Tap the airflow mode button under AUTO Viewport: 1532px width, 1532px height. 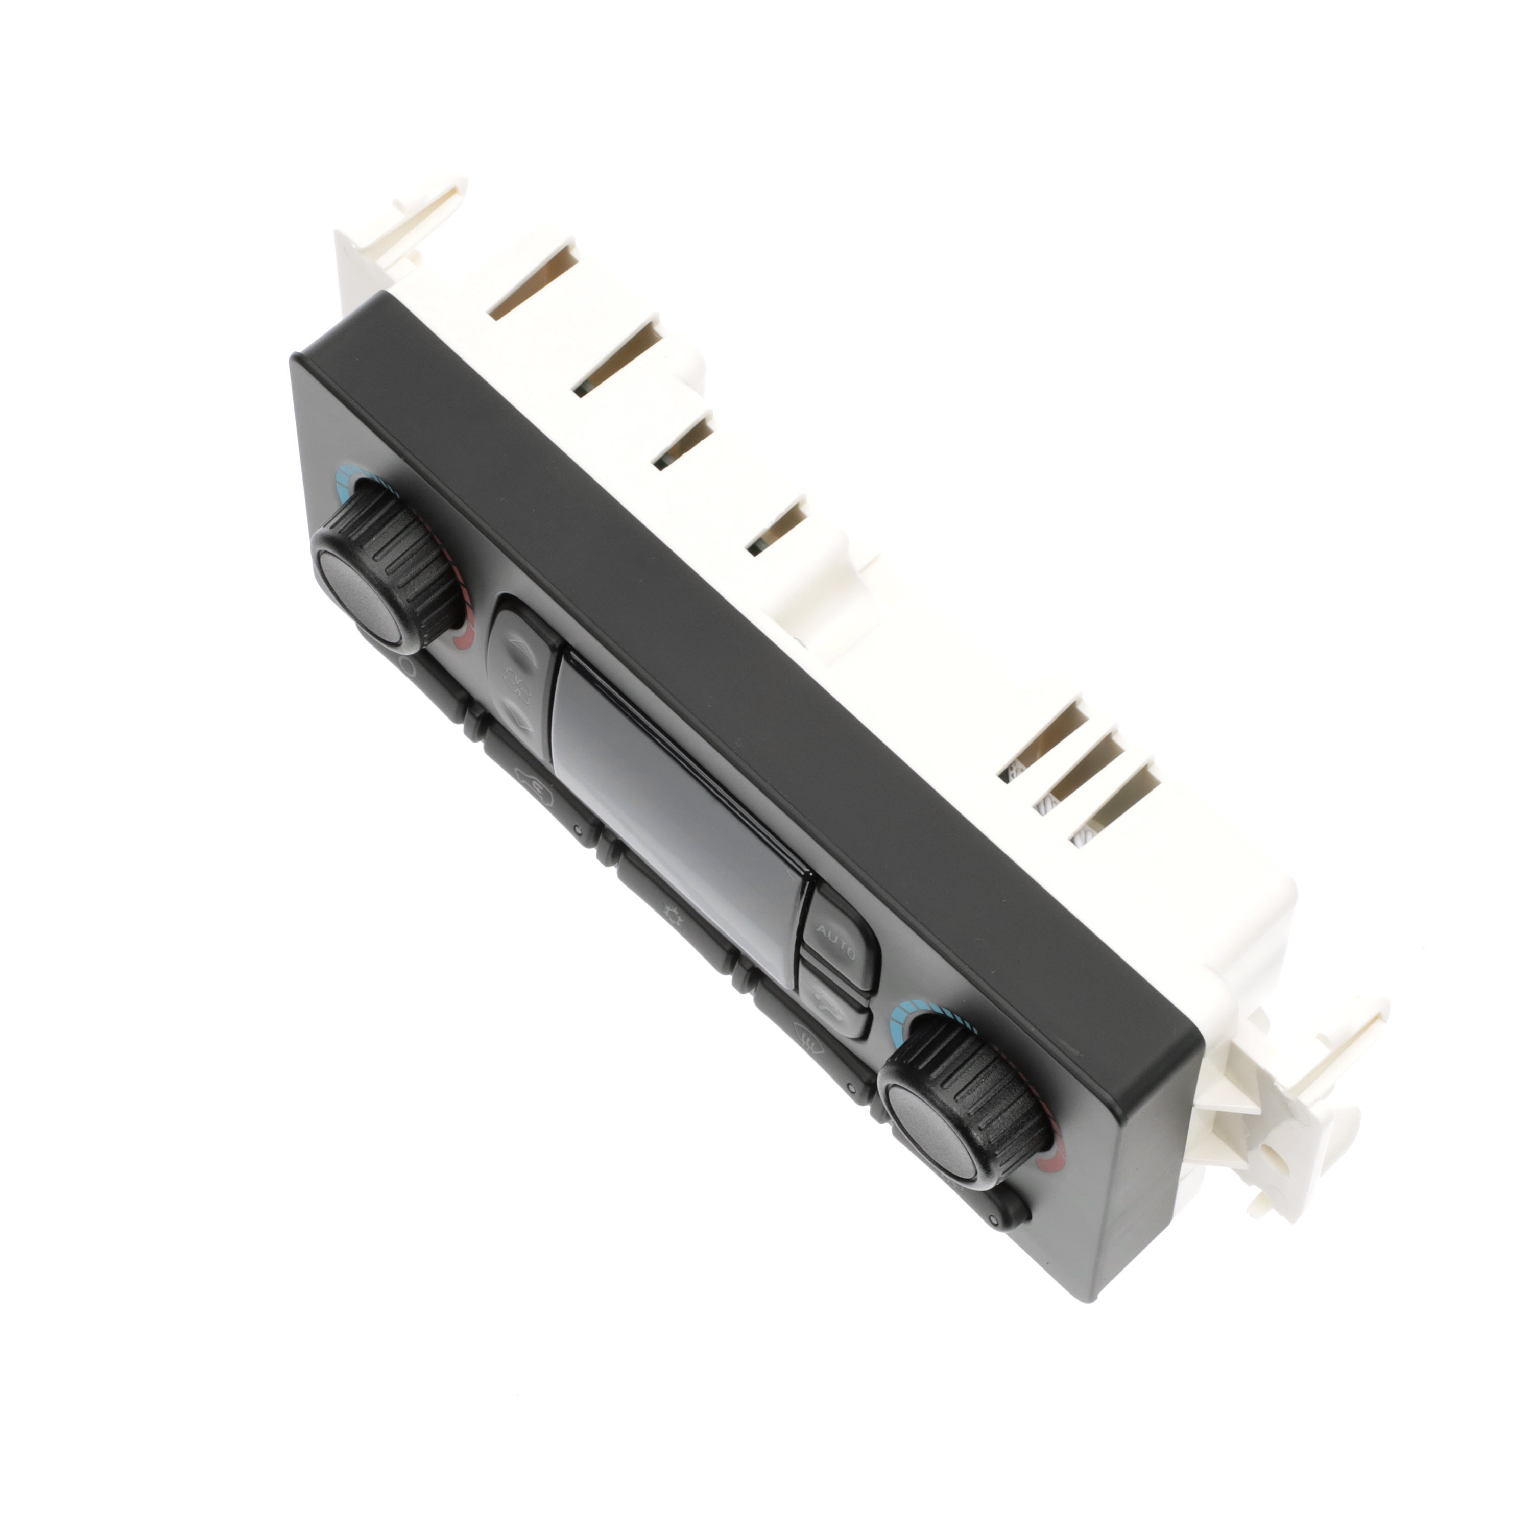pyautogui.click(x=832, y=1002)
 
